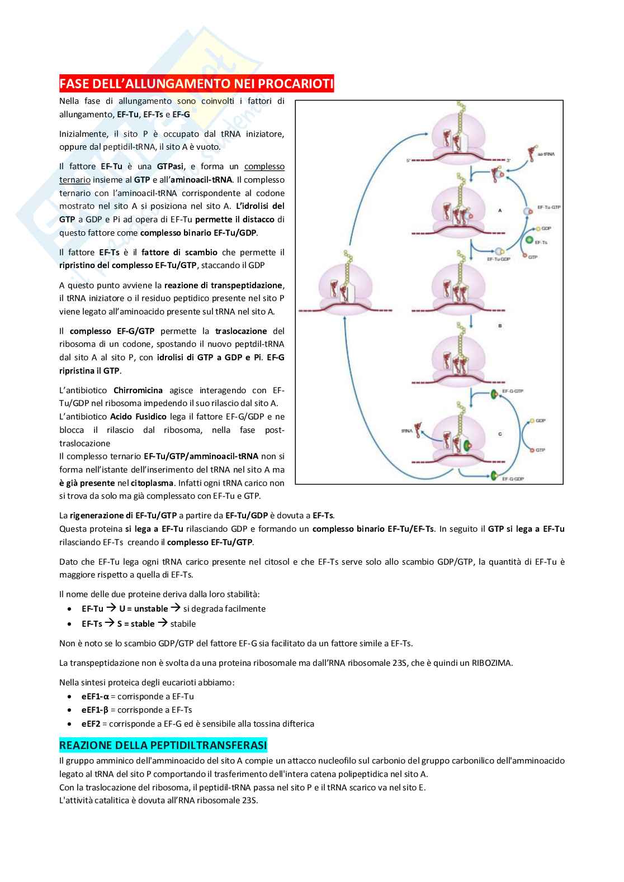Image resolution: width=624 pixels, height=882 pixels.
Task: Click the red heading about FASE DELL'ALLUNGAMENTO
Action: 196,84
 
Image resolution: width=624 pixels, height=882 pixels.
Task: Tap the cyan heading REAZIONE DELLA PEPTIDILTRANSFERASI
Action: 163,745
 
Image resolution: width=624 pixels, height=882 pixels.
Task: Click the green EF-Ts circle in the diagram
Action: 528,240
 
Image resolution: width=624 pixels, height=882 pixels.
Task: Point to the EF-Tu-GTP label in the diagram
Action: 549,207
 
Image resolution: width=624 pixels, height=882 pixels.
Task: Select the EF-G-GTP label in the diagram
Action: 512,391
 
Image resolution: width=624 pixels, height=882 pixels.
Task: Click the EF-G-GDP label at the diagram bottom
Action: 513,479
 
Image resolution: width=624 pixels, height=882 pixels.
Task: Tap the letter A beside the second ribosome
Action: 499,211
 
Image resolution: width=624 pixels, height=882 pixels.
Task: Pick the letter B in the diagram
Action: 499,326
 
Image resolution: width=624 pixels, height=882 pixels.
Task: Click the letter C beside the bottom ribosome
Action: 499,434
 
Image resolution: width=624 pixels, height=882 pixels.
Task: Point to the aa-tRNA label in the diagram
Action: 551,154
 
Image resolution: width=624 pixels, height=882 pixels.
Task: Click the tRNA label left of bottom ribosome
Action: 406,431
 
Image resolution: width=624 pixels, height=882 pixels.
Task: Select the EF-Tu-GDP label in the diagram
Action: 498,259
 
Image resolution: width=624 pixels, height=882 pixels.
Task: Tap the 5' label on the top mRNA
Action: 409,160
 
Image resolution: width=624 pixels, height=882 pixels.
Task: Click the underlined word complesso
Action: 264,166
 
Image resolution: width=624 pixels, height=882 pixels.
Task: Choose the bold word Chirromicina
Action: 138,390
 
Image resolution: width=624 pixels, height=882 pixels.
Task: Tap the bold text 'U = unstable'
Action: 143,609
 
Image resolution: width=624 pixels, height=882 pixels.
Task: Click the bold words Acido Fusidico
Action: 138,417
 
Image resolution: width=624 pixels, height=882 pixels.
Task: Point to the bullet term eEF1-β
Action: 94,710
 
